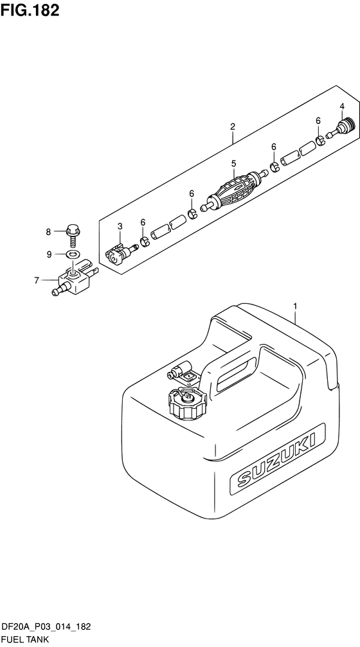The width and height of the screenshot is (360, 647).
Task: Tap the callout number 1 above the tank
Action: pos(295,306)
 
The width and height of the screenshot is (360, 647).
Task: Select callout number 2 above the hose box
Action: pos(233,127)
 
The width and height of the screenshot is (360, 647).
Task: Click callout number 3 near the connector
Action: pos(120,226)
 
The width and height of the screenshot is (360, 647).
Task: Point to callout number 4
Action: pos(342,107)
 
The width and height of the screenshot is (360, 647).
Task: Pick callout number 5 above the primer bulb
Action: pos(233,164)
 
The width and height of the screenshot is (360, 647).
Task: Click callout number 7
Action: pos(37,281)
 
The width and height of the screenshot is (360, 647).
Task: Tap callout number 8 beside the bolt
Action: pos(48,232)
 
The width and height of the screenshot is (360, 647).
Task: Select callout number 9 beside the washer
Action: pos(49,254)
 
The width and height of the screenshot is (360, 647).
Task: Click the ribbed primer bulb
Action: pos(233,191)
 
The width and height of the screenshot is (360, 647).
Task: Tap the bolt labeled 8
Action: pos(73,236)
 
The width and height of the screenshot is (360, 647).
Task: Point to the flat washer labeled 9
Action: pos(73,254)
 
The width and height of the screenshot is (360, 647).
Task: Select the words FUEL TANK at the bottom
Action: pos(26,640)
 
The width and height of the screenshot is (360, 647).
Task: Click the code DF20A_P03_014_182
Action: pos(47,628)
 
